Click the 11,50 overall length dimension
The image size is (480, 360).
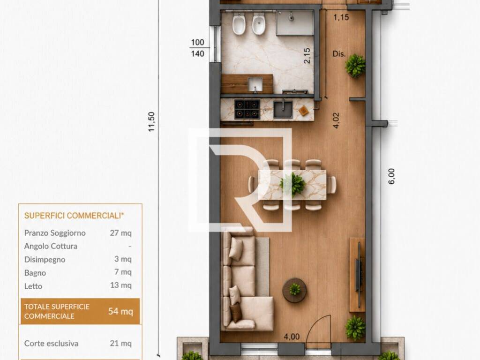tap(151, 122)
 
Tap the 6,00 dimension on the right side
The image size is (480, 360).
tap(391, 176)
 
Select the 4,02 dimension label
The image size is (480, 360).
tap(336, 120)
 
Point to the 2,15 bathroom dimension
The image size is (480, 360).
tap(307, 56)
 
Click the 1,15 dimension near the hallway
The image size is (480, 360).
tap(341, 17)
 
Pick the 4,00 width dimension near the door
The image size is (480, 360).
tap(292, 337)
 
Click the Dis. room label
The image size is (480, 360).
tap(339, 54)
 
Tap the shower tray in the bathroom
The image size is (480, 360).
tap(295, 23)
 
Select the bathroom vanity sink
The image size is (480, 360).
tap(255, 84)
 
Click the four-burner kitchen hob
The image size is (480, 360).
tap(247, 109)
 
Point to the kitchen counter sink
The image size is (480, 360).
tap(283, 109)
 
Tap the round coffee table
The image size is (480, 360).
tap(294, 290)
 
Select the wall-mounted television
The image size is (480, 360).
tap(358, 275)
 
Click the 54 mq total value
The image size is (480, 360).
tap(120, 312)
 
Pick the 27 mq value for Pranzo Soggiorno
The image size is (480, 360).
tap(120, 233)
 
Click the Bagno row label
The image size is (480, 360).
tap(35, 273)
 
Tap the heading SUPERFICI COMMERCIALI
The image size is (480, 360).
tap(74, 216)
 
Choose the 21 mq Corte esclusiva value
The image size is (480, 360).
tap(120, 344)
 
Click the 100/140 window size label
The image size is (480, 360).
tap(197, 48)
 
